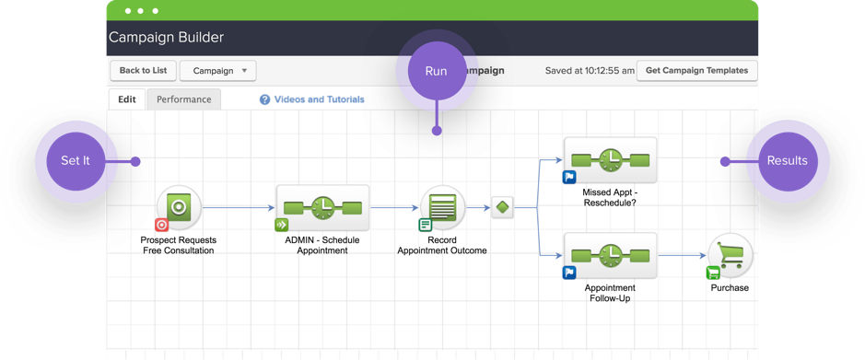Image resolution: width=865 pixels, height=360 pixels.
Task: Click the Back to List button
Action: tap(142, 71)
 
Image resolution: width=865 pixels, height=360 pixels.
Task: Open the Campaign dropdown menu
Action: tap(218, 71)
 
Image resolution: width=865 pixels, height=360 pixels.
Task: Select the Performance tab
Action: tap(183, 99)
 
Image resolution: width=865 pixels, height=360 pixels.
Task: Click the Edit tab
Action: tap(126, 99)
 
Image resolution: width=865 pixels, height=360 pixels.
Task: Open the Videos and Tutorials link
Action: tap(319, 99)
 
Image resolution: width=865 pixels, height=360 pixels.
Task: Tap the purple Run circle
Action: tap(436, 72)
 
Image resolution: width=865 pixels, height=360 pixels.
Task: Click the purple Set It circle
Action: tap(76, 161)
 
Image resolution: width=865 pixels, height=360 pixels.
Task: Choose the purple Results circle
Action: tap(787, 161)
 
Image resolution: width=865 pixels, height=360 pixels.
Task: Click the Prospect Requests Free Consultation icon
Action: tap(179, 208)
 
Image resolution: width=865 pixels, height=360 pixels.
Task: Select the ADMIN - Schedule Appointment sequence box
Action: tap(322, 208)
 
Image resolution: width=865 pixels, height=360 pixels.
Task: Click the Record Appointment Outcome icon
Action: tap(442, 208)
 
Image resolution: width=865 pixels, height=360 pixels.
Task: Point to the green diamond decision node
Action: tap(502, 208)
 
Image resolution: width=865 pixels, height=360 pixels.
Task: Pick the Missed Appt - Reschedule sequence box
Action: tap(610, 161)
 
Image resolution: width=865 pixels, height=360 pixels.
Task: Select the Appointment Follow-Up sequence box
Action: tap(610, 256)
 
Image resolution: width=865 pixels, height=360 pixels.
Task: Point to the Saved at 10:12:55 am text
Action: tap(590, 71)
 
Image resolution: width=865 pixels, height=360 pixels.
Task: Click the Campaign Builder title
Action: tap(167, 38)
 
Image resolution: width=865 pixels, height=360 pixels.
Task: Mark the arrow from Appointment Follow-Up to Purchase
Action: tap(683, 256)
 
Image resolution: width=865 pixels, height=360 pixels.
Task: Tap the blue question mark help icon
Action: tap(264, 99)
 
